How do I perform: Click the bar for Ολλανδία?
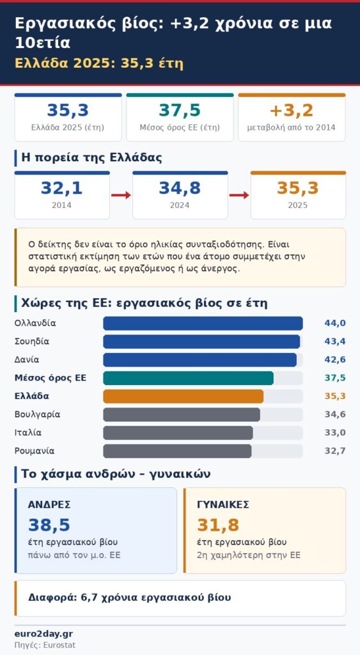pos(203,323)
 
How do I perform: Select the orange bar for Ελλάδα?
pos(184,397)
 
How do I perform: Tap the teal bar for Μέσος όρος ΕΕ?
pos(189,378)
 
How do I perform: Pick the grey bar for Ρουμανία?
pos(177,451)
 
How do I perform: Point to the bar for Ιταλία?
pos(178,433)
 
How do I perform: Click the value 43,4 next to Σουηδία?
pos(335,342)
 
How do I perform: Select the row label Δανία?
pos(27,359)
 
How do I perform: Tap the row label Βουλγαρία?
pos(37,414)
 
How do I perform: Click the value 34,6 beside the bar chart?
pos(335,414)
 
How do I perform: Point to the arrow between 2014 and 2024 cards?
pos(121,195)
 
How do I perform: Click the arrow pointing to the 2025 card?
pos(239,195)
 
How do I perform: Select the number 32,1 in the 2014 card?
pos(62,189)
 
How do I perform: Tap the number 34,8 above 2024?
pos(180,189)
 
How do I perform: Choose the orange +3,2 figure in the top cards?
pos(292,111)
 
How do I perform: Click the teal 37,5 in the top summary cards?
pos(180,111)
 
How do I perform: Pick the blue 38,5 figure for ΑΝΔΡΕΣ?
pos(49,526)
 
